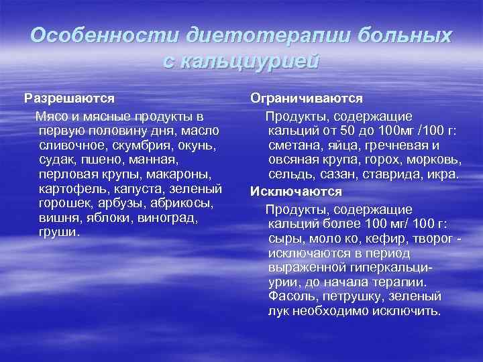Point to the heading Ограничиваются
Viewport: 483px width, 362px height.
click(307, 98)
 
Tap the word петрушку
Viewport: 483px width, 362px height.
click(351, 296)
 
